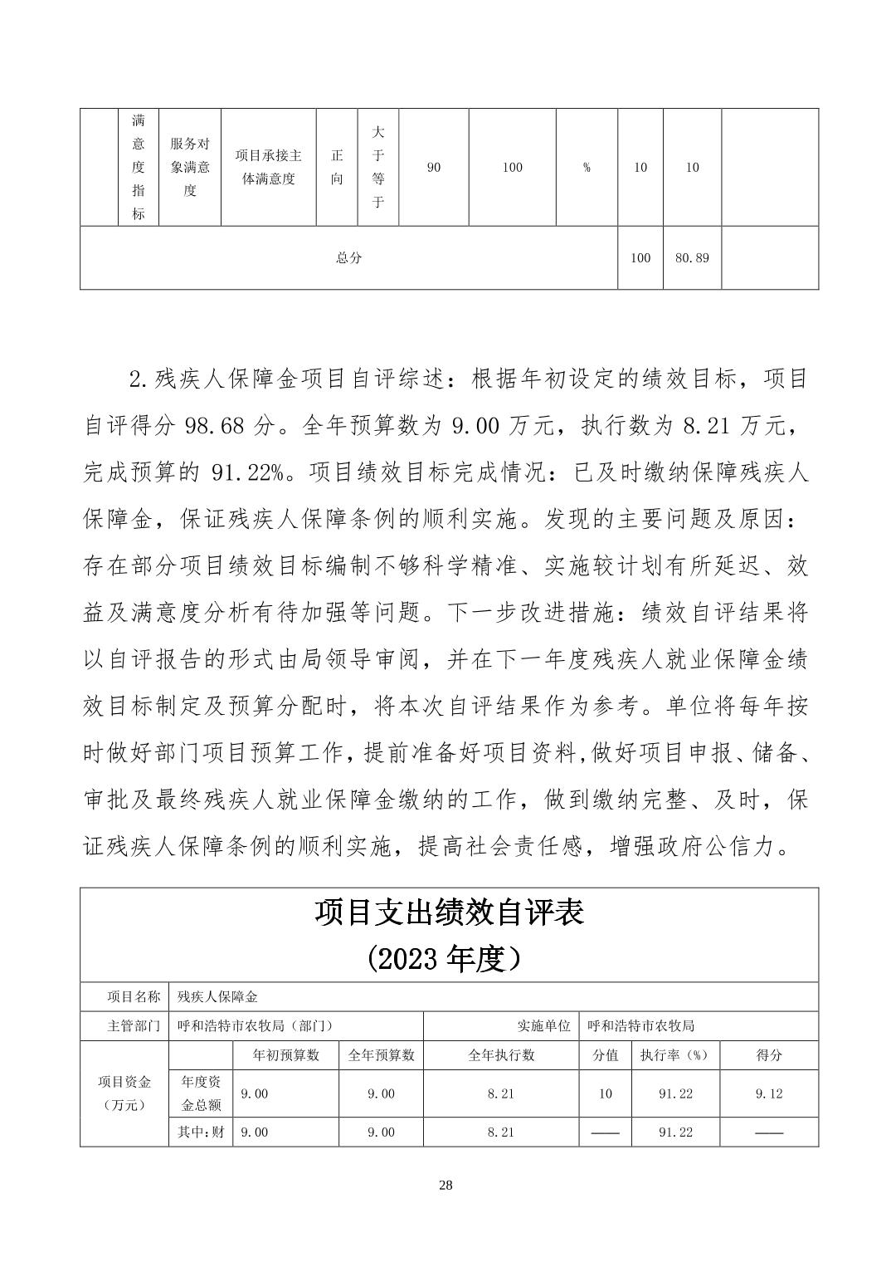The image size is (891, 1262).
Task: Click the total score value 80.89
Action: tap(692, 258)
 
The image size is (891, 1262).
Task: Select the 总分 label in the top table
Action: tap(348, 258)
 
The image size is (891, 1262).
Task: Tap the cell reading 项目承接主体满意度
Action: tap(268, 167)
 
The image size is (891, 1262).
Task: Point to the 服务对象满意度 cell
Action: tap(190, 167)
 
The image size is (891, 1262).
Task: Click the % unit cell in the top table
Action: tap(587, 168)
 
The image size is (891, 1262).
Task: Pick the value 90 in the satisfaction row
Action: tap(433, 168)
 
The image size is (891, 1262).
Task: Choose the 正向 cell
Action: tap(337, 167)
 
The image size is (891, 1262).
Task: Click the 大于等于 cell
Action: tap(377, 167)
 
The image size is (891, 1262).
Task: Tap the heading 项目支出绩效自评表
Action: tap(449, 912)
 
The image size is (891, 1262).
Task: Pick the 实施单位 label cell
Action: tap(544, 1025)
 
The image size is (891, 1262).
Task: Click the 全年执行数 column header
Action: tap(501, 1055)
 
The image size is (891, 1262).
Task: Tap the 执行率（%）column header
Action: tap(675, 1055)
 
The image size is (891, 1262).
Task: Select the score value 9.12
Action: tap(769, 1093)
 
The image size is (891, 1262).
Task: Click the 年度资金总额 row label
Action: tap(201, 1093)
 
